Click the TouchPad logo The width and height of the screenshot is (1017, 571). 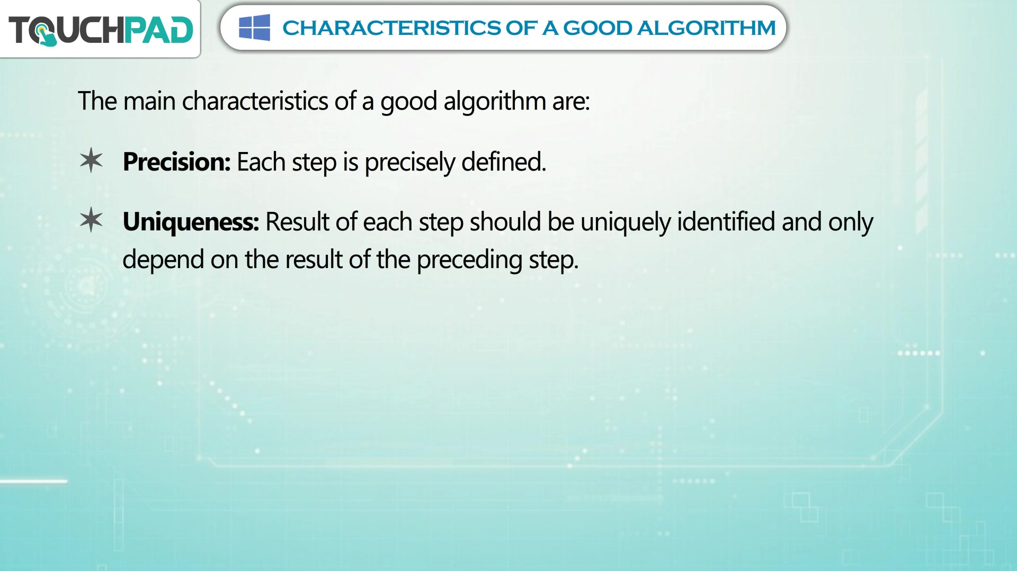(101, 30)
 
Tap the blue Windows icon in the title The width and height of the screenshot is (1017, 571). (254, 28)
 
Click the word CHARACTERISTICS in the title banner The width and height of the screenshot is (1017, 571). (391, 28)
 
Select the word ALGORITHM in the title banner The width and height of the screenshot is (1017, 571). (706, 28)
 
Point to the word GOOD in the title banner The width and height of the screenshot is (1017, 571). (597, 28)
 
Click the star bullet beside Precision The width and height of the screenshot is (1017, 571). (91, 160)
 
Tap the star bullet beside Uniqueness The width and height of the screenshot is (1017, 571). (91, 220)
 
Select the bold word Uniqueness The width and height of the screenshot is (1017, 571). (191, 222)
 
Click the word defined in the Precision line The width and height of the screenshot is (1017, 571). (503, 162)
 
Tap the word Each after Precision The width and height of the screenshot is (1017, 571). (261, 162)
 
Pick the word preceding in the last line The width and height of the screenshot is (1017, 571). (469, 261)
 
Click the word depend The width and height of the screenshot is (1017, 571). (163, 261)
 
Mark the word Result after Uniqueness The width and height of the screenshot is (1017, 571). (297, 221)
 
